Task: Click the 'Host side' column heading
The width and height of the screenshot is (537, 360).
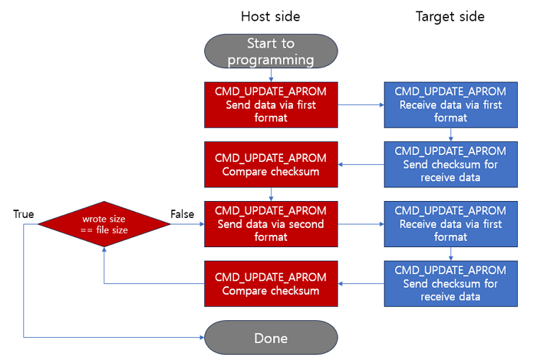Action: pos(270,16)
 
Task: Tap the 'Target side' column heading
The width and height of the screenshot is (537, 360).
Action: pos(450,16)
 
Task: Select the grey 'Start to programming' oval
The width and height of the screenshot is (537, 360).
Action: pos(270,51)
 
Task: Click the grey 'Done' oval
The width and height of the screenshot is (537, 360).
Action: pos(270,338)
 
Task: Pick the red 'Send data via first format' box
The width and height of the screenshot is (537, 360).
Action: pos(270,104)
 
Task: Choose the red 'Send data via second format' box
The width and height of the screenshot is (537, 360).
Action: pos(270,223)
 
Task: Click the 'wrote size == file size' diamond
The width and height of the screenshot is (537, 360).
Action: pos(104,223)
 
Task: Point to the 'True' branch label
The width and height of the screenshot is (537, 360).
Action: pos(23,214)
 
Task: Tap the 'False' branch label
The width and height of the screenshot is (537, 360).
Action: pos(182,214)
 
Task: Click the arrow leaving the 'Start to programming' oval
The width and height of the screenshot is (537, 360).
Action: pos(270,75)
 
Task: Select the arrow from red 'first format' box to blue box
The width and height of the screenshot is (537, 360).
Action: pos(361,104)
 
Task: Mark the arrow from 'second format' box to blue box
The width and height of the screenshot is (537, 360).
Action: pos(361,223)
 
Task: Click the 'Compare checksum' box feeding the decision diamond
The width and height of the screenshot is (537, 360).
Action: pos(270,283)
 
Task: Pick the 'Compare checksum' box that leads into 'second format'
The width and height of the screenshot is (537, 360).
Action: pos(270,163)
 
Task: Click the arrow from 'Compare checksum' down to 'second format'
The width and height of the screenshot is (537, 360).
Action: pos(270,194)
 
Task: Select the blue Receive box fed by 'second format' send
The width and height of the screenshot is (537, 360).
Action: pos(450,223)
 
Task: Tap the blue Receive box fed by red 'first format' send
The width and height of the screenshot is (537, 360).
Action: pos(450,104)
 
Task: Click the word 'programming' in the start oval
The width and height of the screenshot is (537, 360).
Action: pos(270,59)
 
